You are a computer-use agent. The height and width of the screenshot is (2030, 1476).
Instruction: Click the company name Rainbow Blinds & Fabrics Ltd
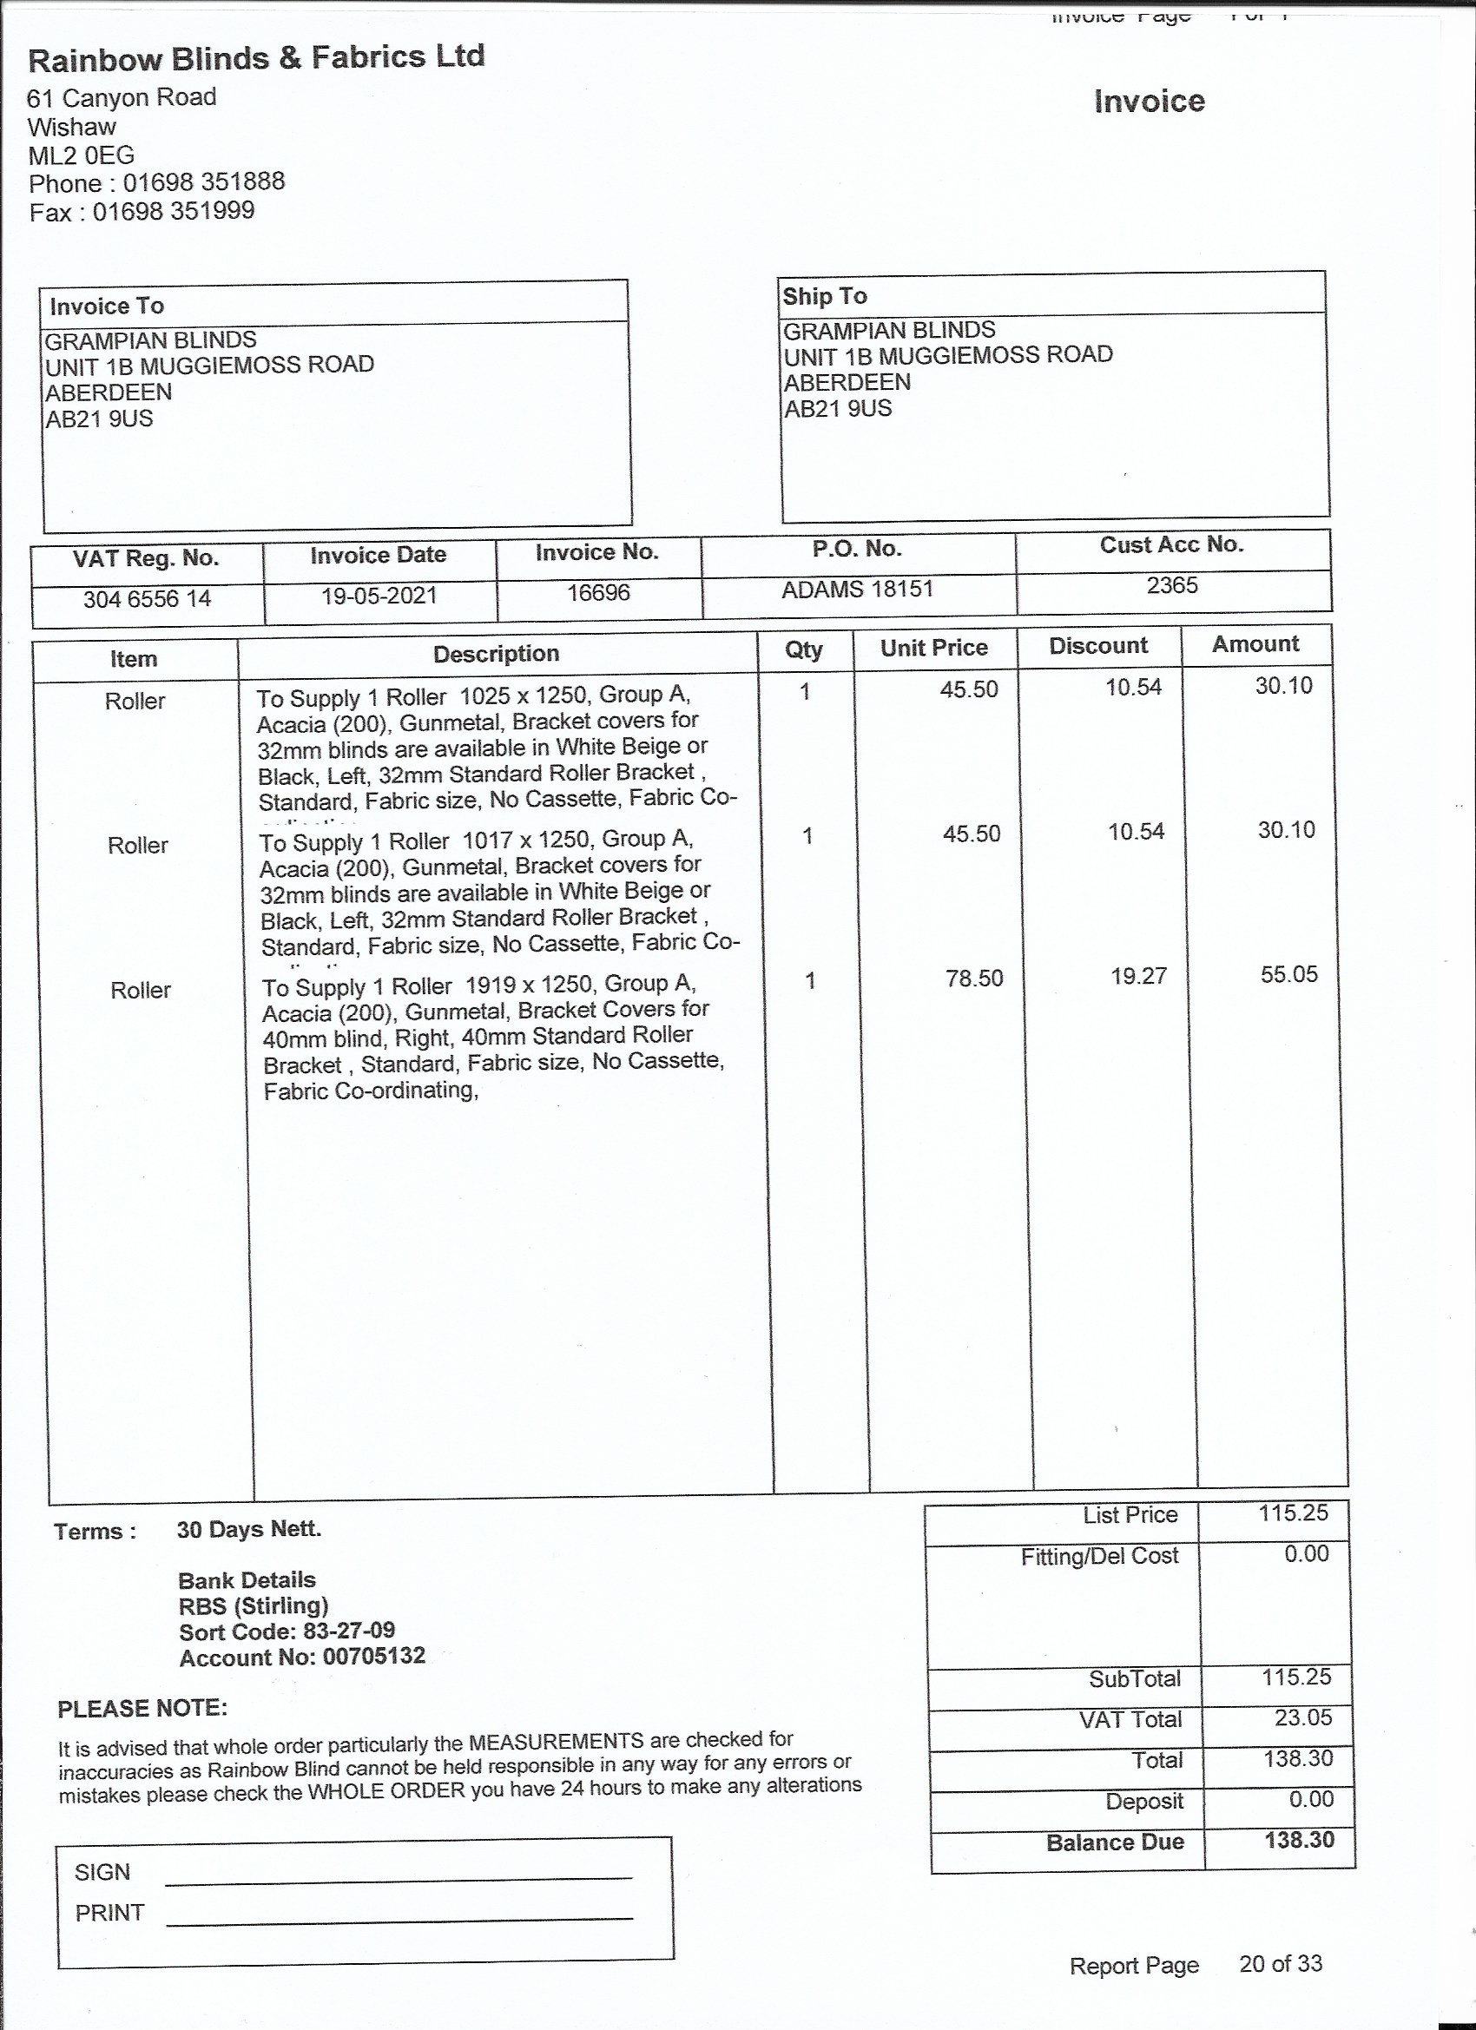pyautogui.click(x=256, y=59)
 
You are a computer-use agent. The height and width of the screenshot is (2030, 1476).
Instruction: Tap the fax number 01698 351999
pyautogui.click(x=174, y=211)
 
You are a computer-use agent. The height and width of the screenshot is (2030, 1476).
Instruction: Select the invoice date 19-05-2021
pyautogui.click(x=379, y=596)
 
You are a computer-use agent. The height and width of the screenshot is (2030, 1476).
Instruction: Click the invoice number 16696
pyautogui.click(x=598, y=592)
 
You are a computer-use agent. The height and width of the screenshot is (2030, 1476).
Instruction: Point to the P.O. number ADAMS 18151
pyautogui.click(x=857, y=589)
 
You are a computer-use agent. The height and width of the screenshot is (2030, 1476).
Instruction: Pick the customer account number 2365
pyautogui.click(x=1171, y=585)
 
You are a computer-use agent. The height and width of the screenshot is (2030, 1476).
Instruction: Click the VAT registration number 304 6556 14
pyautogui.click(x=147, y=599)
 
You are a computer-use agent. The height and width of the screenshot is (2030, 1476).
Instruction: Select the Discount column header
pyautogui.click(x=1098, y=646)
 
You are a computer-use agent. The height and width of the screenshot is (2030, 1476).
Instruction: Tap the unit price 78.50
pyautogui.click(x=974, y=979)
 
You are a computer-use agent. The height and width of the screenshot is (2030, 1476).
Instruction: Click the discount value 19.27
pyautogui.click(x=1138, y=976)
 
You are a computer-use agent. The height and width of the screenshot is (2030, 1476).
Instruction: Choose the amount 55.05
pyautogui.click(x=1289, y=974)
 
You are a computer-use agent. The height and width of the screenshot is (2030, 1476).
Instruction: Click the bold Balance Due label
pyautogui.click(x=1115, y=1842)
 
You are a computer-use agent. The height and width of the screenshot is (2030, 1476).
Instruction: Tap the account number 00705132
pyautogui.click(x=374, y=1656)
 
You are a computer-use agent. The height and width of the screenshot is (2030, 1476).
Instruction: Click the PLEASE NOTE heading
pyautogui.click(x=142, y=1709)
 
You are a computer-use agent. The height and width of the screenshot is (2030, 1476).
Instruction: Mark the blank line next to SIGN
pyautogui.click(x=399, y=1875)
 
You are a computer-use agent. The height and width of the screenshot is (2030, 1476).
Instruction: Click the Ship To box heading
pyautogui.click(x=824, y=296)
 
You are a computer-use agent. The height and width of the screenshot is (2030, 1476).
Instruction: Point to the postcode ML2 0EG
pyautogui.click(x=82, y=155)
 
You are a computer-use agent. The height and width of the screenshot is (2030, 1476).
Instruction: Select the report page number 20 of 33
pyautogui.click(x=1280, y=1964)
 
